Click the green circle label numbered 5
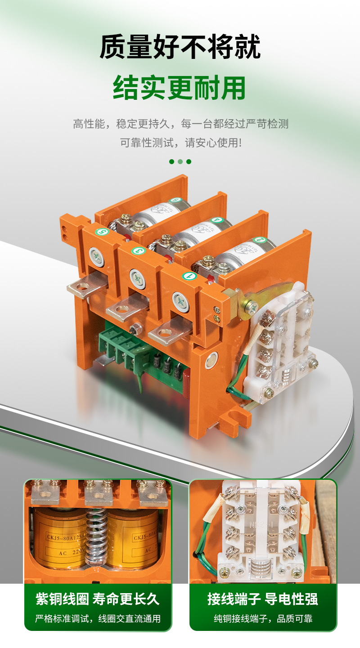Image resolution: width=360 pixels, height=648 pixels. click(102, 232)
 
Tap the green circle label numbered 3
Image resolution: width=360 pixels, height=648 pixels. click(137, 250)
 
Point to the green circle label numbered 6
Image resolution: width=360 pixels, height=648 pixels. click(175, 201)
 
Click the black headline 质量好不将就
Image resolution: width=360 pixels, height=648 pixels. click(180, 48)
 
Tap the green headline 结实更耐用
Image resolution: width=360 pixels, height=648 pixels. click(180, 88)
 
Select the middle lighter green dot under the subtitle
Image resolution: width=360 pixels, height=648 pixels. click(180, 161)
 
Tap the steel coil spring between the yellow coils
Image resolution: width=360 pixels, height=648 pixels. click(96, 537)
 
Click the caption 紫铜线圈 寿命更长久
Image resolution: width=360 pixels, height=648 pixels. click(98, 599)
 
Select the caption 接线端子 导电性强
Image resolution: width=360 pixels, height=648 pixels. click(263, 599)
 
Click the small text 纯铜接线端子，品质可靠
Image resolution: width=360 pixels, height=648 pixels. click(263, 619)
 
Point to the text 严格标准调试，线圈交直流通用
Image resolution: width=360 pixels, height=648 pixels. click(98, 619)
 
